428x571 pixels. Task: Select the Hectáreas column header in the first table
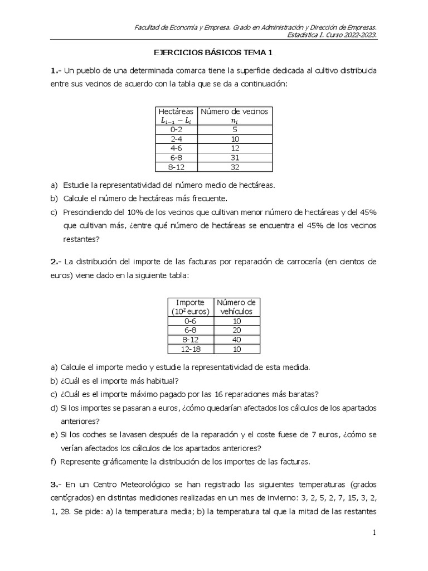tap(176, 111)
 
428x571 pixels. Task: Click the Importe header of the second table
tap(190, 302)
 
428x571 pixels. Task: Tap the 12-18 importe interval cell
tap(190, 349)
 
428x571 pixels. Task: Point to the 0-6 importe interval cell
tap(190, 321)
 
